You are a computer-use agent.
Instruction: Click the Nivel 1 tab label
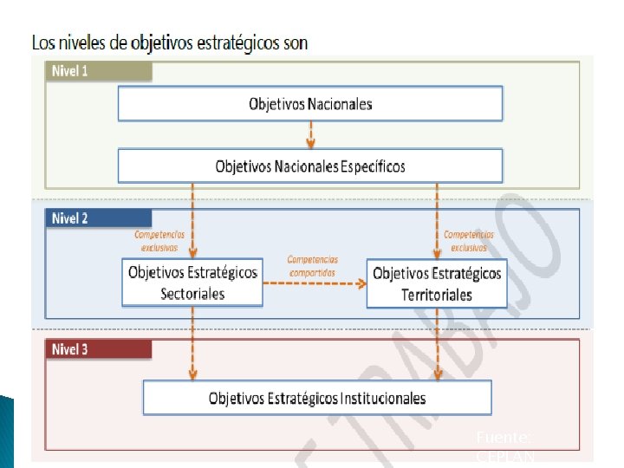tap(71, 71)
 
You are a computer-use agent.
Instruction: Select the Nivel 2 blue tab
tap(71, 218)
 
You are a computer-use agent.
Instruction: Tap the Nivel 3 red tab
tap(71, 350)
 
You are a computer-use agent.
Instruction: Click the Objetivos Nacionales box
tap(310, 104)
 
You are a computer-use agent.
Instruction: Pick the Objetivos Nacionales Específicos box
tap(310, 166)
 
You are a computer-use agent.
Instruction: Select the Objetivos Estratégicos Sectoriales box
tap(192, 283)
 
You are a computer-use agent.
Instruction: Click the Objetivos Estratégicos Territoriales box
tap(437, 283)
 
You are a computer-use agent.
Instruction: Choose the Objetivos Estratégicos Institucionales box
tap(317, 399)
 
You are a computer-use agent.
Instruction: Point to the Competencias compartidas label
tap(313, 265)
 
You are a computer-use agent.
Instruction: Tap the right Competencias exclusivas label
tap(469, 240)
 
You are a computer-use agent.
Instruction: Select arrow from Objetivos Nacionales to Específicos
tap(311, 134)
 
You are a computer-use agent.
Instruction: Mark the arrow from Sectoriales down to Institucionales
tap(192, 343)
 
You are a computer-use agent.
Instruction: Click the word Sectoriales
tap(192, 294)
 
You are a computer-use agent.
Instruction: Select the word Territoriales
tap(437, 295)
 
